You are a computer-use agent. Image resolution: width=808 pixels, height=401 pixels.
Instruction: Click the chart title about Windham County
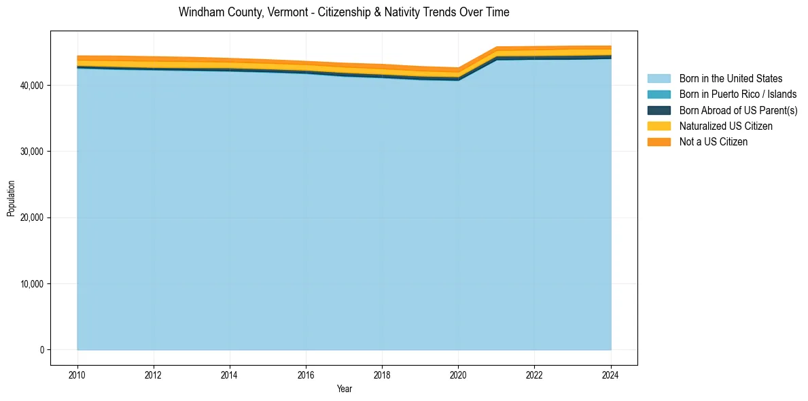344,12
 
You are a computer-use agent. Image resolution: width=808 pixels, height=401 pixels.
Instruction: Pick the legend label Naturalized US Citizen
726,126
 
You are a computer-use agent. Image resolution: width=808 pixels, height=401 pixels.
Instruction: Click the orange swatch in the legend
658,142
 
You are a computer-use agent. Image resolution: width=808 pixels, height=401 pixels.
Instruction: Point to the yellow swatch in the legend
658,126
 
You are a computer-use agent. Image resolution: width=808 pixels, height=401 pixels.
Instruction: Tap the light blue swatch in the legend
658,79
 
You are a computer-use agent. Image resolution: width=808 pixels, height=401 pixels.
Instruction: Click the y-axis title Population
11,198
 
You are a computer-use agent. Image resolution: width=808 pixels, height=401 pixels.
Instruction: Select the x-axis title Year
344,389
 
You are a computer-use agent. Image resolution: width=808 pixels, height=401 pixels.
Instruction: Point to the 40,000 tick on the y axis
32,86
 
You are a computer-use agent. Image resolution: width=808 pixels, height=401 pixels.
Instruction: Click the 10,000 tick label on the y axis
32,284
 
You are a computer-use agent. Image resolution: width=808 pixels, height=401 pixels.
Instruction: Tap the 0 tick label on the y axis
41,350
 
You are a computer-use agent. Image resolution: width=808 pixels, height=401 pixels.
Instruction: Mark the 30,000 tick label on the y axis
32,152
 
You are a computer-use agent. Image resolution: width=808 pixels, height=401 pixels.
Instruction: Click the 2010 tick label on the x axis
77,374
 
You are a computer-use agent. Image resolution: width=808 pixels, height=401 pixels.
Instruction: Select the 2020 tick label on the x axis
459,374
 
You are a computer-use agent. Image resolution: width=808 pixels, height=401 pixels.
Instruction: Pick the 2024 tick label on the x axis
611,374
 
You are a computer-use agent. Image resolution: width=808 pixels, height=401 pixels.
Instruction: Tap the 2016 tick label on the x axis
306,374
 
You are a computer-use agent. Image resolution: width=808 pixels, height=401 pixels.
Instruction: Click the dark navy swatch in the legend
658,110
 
